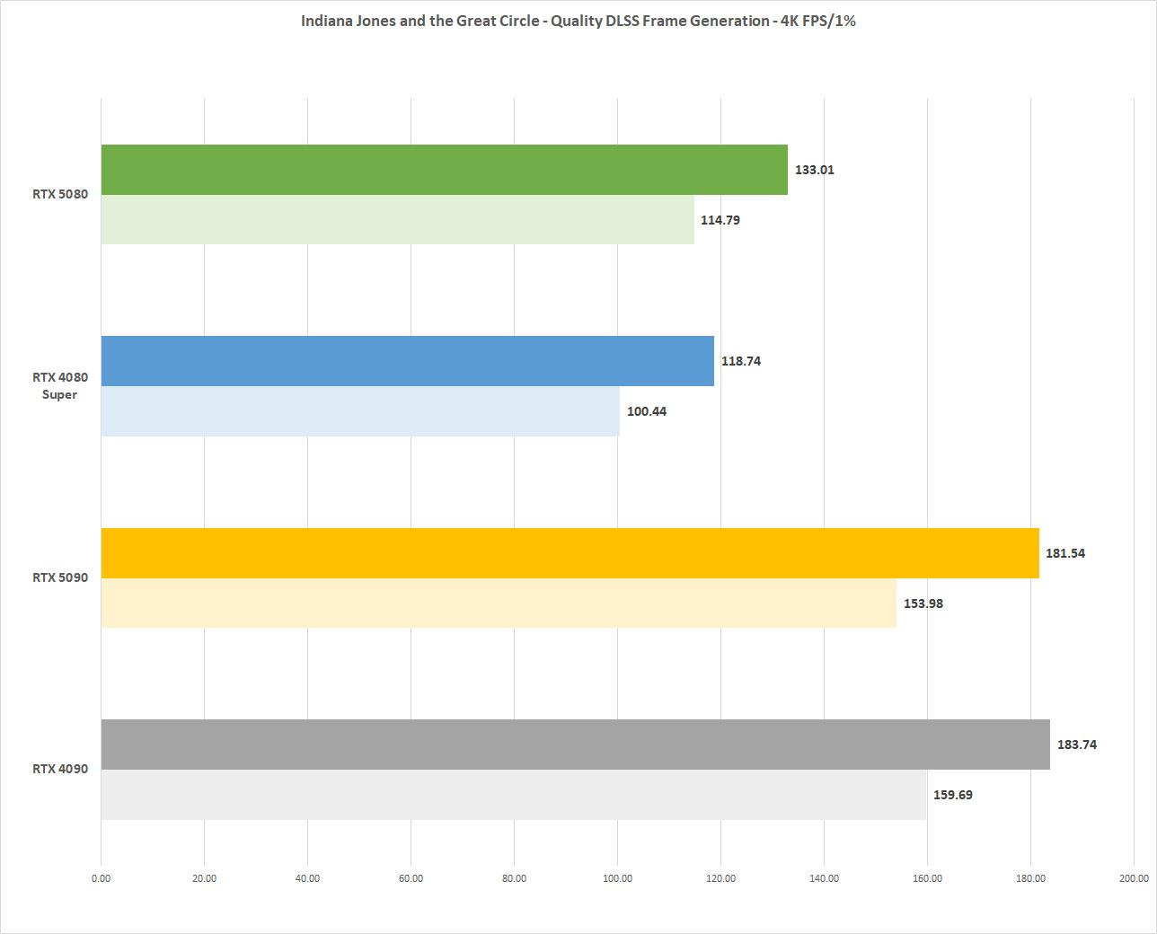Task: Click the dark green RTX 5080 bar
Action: click(445, 170)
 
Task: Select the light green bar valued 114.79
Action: click(398, 220)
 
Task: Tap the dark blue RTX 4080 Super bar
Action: click(408, 361)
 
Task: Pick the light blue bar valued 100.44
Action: click(360, 411)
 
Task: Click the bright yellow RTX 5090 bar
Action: click(570, 553)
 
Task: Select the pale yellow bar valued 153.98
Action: click(499, 604)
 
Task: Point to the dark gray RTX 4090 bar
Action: click(575, 745)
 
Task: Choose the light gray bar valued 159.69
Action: click(513, 795)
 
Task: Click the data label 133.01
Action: click(814, 170)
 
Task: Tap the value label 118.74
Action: click(740, 361)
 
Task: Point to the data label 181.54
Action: click(1064, 553)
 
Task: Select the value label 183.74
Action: click(1076, 745)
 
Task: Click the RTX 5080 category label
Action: click(60, 194)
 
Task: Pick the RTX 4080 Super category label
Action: click(60, 386)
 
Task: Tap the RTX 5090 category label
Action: click(60, 577)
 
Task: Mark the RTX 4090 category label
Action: click(60, 769)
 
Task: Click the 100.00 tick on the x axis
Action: click(617, 878)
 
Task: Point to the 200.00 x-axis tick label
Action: click(1133, 878)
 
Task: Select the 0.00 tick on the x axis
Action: click(102, 878)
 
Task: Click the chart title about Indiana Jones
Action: click(578, 21)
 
